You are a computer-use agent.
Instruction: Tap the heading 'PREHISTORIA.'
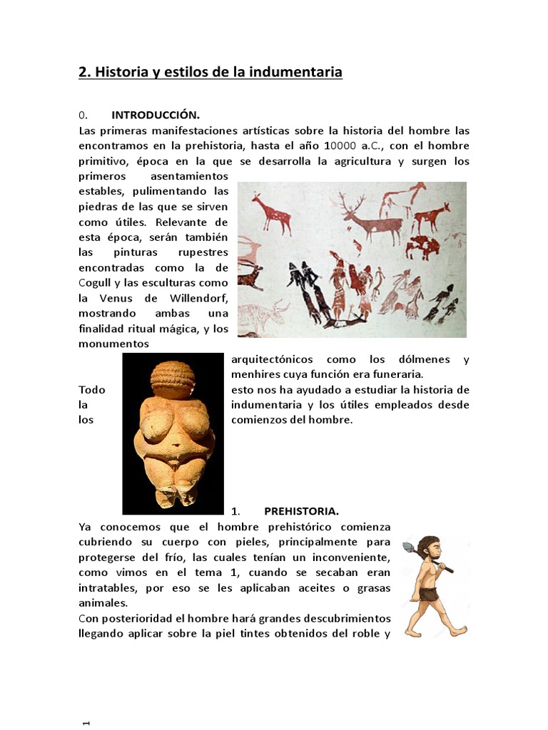tap(301, 511)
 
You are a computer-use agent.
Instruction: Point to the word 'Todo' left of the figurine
tap(92, 390)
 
